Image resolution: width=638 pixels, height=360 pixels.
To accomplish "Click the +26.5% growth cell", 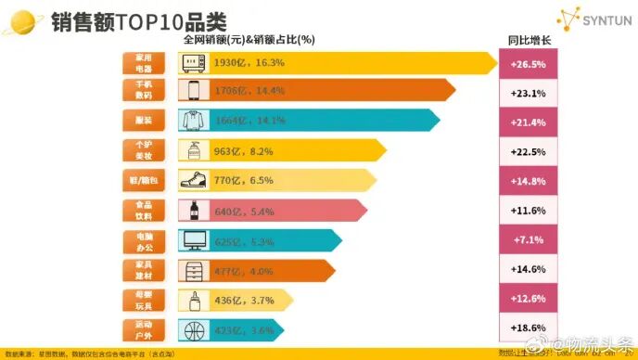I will point(528,64).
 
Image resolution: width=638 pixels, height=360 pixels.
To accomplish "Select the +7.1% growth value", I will point(528,240).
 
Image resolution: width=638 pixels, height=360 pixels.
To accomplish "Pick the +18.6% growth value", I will point(528,329).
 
